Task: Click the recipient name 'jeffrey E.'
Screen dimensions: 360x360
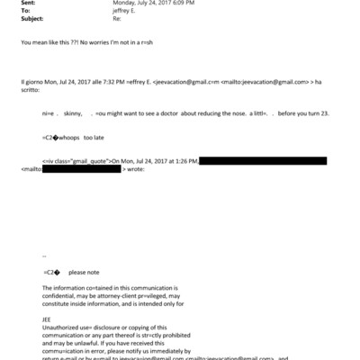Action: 123,12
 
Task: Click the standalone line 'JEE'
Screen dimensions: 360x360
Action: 48,318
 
